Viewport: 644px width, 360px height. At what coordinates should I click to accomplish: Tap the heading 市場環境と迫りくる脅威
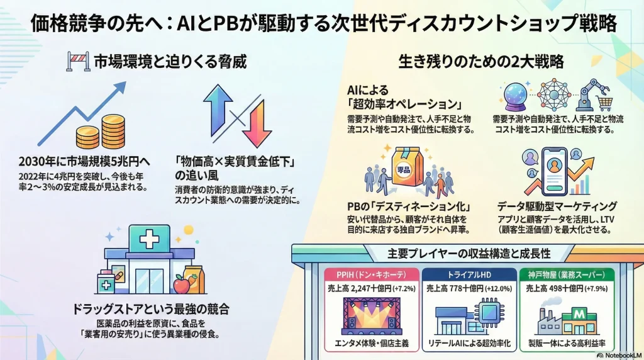[x=169, y=62]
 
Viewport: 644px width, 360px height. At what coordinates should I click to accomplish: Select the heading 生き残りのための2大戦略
[x=481, y=62]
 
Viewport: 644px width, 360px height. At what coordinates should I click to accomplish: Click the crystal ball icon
[x=514, y=95]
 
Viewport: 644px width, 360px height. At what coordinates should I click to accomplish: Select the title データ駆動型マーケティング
[x=557, y=206]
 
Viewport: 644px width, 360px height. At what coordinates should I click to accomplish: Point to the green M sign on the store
[x=577, y=313]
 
